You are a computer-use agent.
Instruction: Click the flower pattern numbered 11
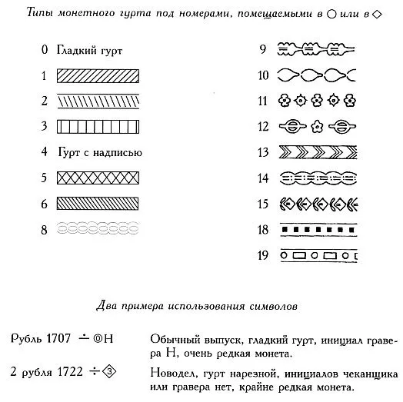coord(317,101)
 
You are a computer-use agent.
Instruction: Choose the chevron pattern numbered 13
coord(317,152)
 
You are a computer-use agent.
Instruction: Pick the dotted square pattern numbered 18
coord(317,228)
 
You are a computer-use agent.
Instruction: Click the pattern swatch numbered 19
coord(317,254)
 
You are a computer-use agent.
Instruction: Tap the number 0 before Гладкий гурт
coord(45,51)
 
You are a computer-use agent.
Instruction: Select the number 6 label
coord(45,203)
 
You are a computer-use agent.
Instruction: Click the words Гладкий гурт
coord(89,51)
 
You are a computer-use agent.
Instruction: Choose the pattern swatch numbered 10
coord(317,75)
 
